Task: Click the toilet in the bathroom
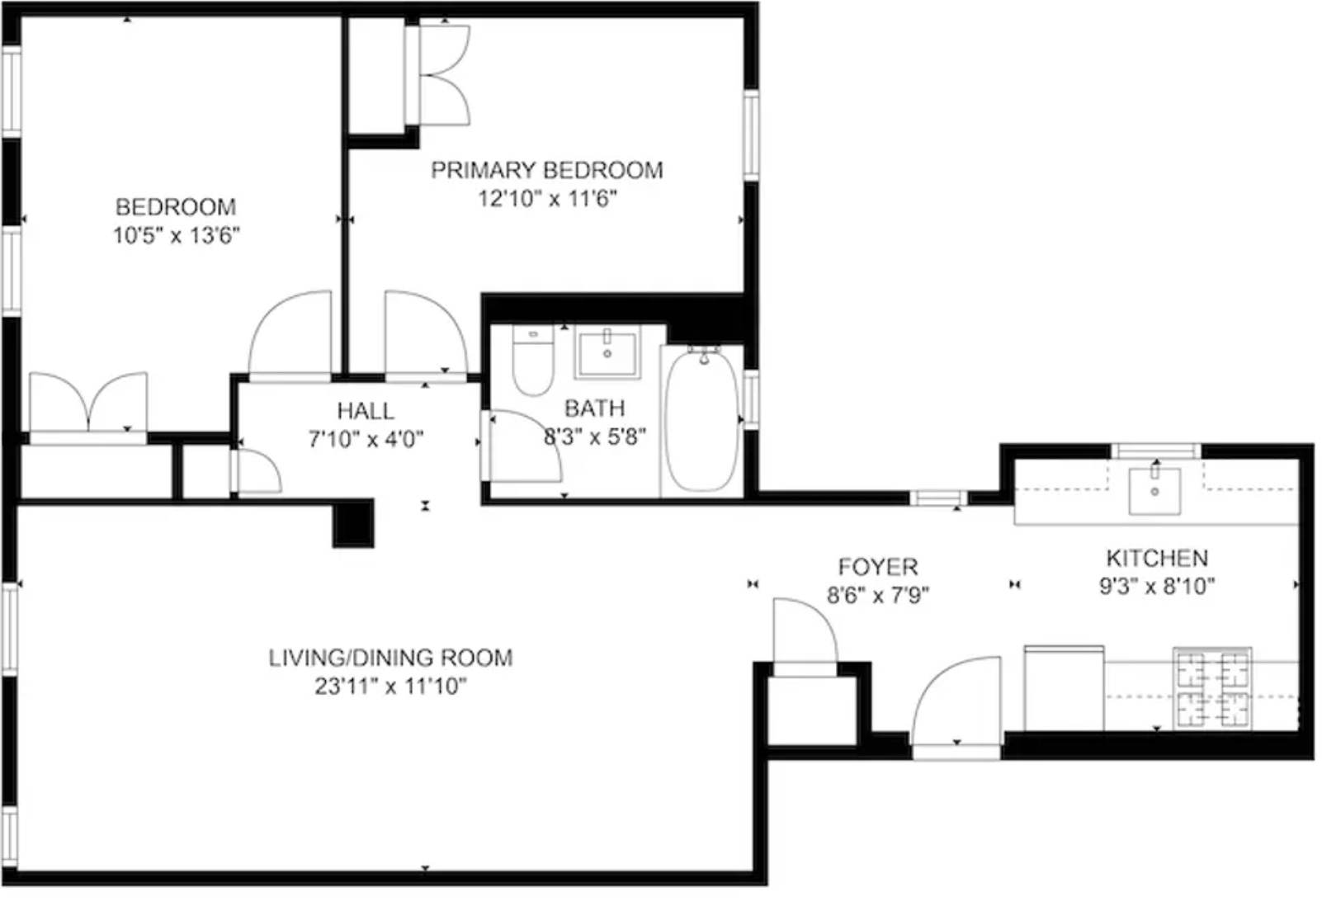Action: [532, 363]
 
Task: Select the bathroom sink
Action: [607, 353]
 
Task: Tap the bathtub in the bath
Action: [701, 421]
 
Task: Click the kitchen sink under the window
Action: [1154, 489]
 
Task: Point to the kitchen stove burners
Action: [1212, 688]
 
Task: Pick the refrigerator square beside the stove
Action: [1064, 688]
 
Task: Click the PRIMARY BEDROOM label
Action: [547, 170]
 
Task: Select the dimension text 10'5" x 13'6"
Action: [176, 236]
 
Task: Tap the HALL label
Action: [366, 410]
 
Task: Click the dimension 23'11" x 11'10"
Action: [390, 686]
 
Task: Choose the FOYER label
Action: [878, 567]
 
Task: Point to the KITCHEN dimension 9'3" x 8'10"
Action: [1157, 587]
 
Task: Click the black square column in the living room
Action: [353, 524]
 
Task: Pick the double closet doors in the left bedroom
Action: [89, 402]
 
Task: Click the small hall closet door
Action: [257, 472]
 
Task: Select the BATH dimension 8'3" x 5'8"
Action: [594, 437]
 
